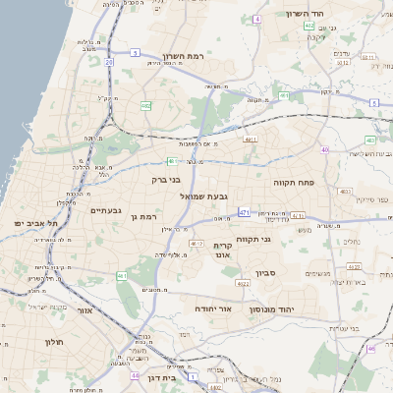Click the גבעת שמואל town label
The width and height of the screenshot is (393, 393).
coord(204,196)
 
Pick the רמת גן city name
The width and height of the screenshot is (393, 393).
coord(143,216)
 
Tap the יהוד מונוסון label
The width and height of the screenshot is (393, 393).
coord(294,308)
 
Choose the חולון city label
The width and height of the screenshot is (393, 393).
coord(53,341)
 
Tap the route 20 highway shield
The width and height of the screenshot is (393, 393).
coord(108,62)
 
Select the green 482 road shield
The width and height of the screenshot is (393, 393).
coord(145,105)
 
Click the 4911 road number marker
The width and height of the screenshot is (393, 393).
coord(251,140)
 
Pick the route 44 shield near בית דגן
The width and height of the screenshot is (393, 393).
coord(134,375)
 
